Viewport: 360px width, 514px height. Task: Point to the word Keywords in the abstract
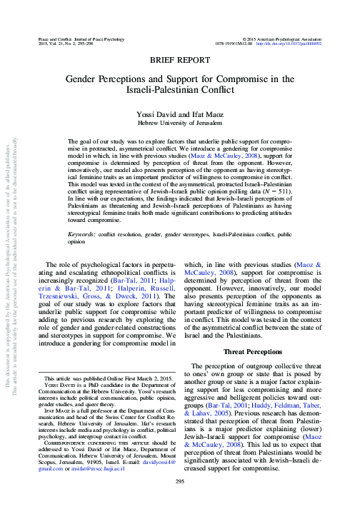coord(82,234)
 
